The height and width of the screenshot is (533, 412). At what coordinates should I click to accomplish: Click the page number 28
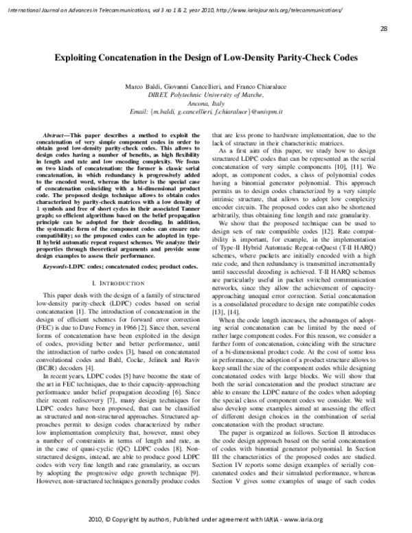tap(383, 29)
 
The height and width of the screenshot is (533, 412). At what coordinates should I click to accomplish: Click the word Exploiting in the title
tap(79, 59)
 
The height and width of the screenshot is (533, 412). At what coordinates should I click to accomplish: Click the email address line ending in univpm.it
tap(205, 110)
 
